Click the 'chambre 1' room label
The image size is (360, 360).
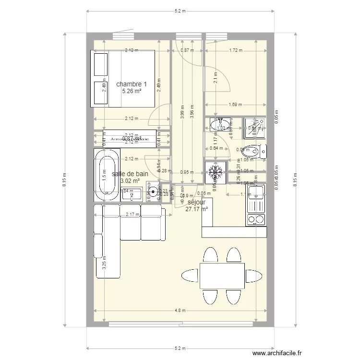132,84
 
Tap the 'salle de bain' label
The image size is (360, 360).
130,174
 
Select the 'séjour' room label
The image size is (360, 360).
196,203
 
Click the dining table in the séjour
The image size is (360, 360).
222,276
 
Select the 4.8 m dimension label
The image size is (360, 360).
180,311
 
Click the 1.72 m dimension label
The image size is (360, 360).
235,50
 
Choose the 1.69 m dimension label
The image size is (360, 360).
235,104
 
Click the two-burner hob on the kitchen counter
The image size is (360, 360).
256,220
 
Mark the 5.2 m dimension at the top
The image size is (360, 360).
180,11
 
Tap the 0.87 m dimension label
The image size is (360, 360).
187,50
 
